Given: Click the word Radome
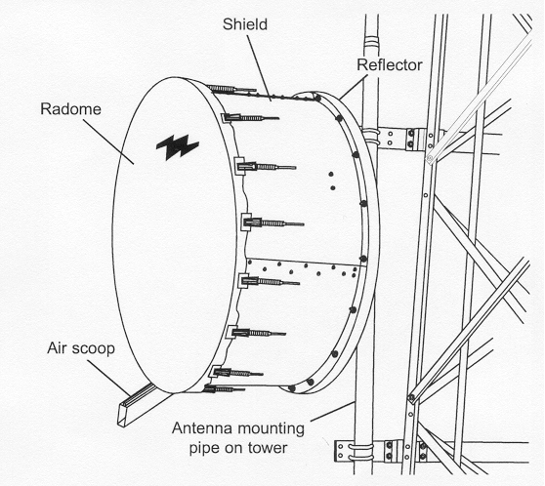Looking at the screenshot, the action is coord(70,109).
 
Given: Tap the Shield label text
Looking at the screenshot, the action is coord(245,24).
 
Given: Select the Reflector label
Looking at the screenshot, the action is coord(390,65).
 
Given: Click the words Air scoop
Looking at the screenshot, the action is coord(81,348).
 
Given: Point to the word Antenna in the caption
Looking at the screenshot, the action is coord(204,428).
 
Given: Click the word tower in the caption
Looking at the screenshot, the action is coord(269,448).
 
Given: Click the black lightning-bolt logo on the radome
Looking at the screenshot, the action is coord(177,146).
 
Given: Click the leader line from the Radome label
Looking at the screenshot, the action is coord(108,141).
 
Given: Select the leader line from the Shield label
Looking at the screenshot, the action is coord(259,66).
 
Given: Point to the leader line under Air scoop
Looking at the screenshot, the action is coord(109,377).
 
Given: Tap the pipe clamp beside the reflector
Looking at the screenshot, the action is coord(371,138).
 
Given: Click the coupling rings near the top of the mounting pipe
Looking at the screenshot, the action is coord(370,44).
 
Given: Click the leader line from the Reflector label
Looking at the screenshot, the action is coord(353,89).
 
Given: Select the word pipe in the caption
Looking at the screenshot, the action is coord(204,449).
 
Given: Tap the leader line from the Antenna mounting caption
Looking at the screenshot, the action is coord(333,412).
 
